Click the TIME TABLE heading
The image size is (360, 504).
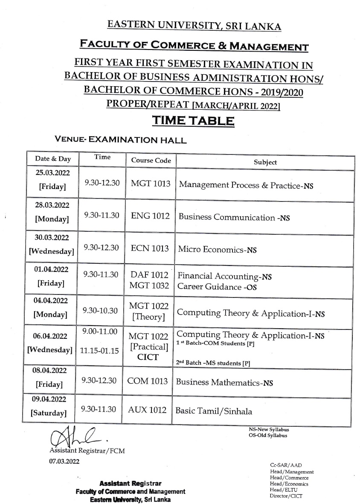[x=193, y=121]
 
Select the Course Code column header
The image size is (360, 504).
[x=151, y=160]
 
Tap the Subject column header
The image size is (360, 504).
[x=265, y=162]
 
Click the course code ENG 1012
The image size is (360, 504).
[x=151, y=216]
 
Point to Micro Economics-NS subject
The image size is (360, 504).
[x=217, y=249]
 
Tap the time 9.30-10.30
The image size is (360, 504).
[x=101, y=311]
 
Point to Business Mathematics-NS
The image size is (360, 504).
[x=224, y=382]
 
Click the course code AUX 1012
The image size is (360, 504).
[x=147, y=410]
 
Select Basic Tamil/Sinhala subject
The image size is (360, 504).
[x=214, y=411]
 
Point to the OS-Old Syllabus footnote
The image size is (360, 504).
[x=268, y=435]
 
